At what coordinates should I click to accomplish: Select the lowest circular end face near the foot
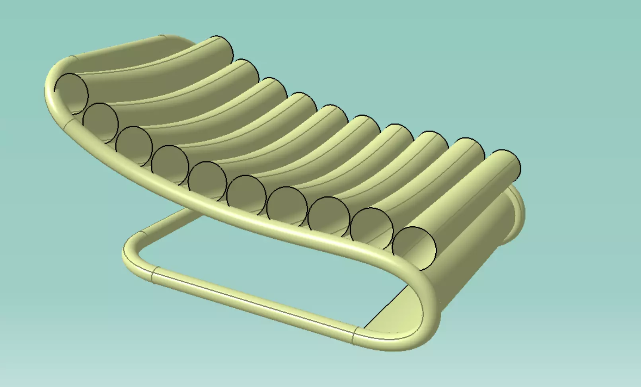coord(414,247)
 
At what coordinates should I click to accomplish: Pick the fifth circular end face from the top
coord(207,180)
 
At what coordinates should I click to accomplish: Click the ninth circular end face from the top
coord(372,228)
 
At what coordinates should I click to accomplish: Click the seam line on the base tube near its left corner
coord(154,275)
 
